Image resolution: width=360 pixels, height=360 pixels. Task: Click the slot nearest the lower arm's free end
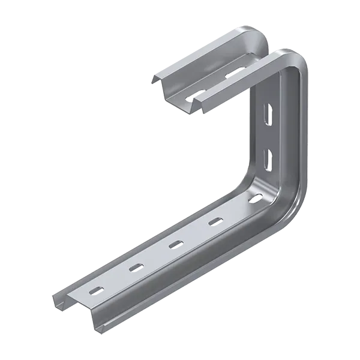(94, 290)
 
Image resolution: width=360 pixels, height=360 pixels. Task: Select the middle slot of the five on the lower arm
(175, 244)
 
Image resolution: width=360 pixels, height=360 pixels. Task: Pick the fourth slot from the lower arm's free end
(214, 221)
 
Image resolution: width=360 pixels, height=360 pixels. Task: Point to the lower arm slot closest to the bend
(256, 197)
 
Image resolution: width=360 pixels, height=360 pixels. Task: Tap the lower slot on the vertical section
(268, 157)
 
